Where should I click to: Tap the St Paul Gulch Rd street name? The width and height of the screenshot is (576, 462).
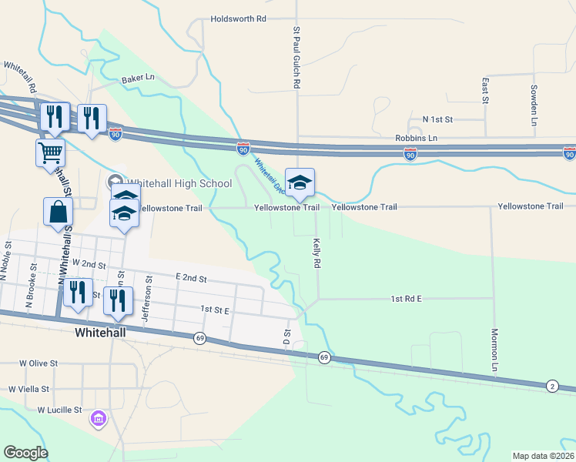[296, 59]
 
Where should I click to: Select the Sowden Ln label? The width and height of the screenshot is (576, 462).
[533, 102]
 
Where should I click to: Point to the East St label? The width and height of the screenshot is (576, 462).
[485, 90]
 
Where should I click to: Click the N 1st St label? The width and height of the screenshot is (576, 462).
[438, 120]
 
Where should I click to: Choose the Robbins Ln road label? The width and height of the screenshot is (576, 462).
[416, 138]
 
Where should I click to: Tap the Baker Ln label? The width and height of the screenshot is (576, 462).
[138, 79]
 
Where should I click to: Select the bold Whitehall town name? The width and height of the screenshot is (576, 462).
[105, 333]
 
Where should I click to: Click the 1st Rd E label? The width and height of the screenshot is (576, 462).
[408, 298]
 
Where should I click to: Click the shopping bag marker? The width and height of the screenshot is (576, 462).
[59, 212]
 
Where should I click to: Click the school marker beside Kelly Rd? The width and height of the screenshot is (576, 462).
[300, 182]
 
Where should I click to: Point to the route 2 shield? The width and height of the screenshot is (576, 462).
[551, 385]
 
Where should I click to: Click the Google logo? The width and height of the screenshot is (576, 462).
[26, 453]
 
